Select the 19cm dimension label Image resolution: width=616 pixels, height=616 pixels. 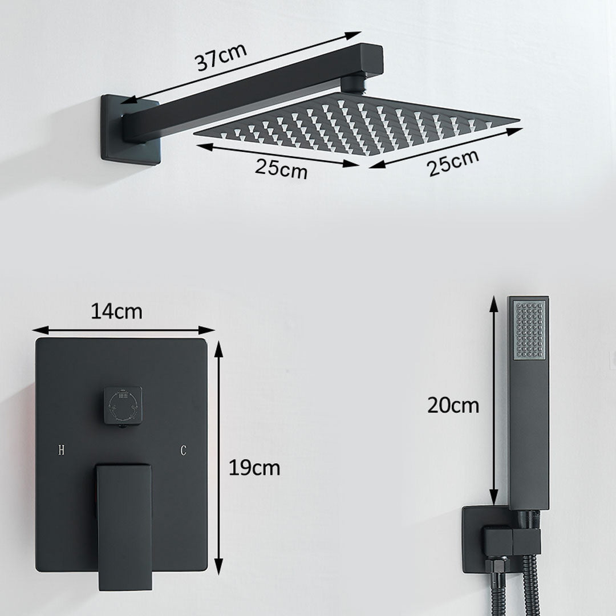pyautogui.click(x=254, y=468)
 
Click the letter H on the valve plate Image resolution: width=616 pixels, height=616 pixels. pyautogui.click(x=61, y=451)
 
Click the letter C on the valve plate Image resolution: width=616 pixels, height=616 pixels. pyautogui.click(x=183, y=451)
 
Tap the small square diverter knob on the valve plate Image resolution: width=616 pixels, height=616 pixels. pyautogui.click(x=123, y=405)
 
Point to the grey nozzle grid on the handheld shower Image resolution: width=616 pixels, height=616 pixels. pyautogui.click(x=529, y=330)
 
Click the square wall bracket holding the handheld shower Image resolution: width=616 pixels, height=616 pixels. pyautogui.click(x=485, y=539)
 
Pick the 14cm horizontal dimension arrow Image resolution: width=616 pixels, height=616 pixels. pyautogui.click(x=123, y=330)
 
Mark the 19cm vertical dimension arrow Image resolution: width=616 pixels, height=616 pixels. pyautogui.click(x=218, y=456)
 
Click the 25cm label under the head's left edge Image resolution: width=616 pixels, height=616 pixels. pyautogui.click(x=281, y=169)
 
